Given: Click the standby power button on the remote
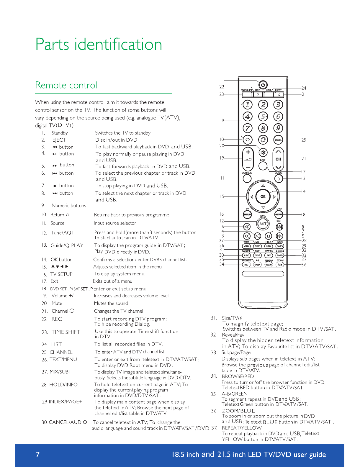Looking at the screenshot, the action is [263, 85].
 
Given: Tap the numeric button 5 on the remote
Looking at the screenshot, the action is [263, 117].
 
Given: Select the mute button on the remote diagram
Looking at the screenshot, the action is [263, 153].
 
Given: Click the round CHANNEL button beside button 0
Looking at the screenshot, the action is [278, 140].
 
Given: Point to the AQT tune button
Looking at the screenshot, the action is [263, 224].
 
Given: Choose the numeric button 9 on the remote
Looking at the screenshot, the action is [278, 128].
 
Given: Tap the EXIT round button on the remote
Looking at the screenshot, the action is [263, 166].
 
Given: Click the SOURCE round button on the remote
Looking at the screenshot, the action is [247, 178].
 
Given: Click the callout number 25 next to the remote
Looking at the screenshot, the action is [304, 140].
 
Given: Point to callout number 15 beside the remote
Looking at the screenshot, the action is [222, 196].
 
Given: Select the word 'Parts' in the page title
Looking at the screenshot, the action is [52, 44].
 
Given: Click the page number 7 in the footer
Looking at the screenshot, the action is [38, 454].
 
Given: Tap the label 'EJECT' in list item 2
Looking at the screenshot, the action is [59, 140].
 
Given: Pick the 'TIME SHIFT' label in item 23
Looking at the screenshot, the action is [66, 332].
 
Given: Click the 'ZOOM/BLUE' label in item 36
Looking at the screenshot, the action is [238, 411].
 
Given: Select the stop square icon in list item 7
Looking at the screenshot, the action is [55, 186].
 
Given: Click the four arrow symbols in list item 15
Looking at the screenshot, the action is [60, 266].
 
